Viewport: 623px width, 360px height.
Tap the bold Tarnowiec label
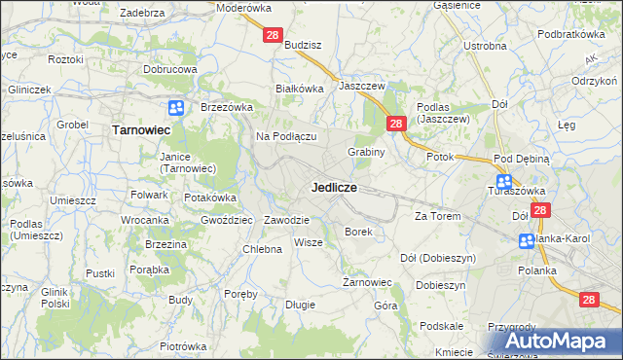(142, 128)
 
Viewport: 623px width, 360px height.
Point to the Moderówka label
(244, 7)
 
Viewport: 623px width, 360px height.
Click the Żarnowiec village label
(367, 282)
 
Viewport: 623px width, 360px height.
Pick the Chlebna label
(262, 249)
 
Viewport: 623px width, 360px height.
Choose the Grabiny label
(367, 152)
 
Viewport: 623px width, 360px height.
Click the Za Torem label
(437, 215)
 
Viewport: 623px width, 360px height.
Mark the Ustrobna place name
(485, 46)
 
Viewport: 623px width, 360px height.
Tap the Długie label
(300, 305)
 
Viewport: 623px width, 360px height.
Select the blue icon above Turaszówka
(504, 181)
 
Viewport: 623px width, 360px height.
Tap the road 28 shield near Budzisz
(273, 35)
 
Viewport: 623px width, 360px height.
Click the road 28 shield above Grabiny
(396, 124)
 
